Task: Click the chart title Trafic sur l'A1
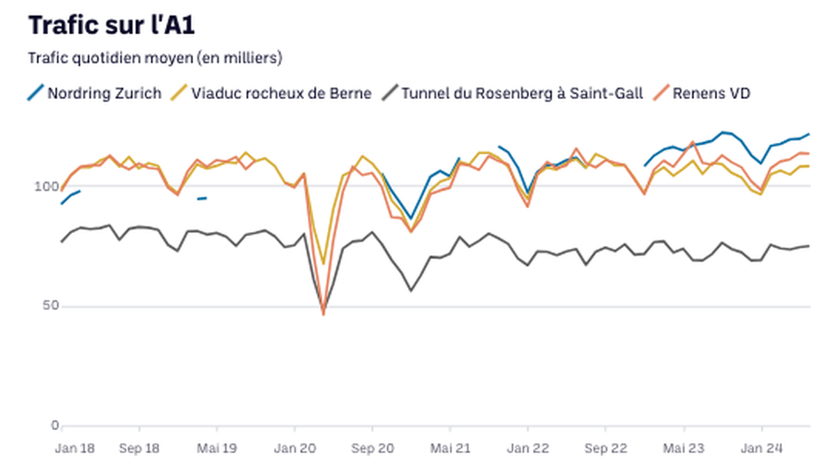[x=112, y=25]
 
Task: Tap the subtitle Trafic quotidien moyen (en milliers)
[x=155, y=59]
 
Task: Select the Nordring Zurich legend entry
[x=94, y=93]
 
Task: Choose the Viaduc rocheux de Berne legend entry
[x=271, y=93]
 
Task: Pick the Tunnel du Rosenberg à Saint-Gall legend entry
[x=512, y=93]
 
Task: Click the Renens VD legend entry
[x=702, y=93]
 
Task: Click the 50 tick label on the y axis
[x=50, y=306]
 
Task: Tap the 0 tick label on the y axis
[x=55, y=425]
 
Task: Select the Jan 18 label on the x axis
[x=75, y=448]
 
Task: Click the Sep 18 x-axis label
[x=139, y=448]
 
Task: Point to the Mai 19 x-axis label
[x=217, y=448]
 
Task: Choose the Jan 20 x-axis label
[x=295, y=448]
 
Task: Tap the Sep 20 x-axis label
[x=372, y=448]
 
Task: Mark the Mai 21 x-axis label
[x=451, y=448]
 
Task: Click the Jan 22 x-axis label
[x=528, y=448]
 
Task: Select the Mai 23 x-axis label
[x=684, y=448]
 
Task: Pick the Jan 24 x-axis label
[x=762, y=448]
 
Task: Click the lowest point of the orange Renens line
[x=324, y=314]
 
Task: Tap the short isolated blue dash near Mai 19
[x=202, y=199]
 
